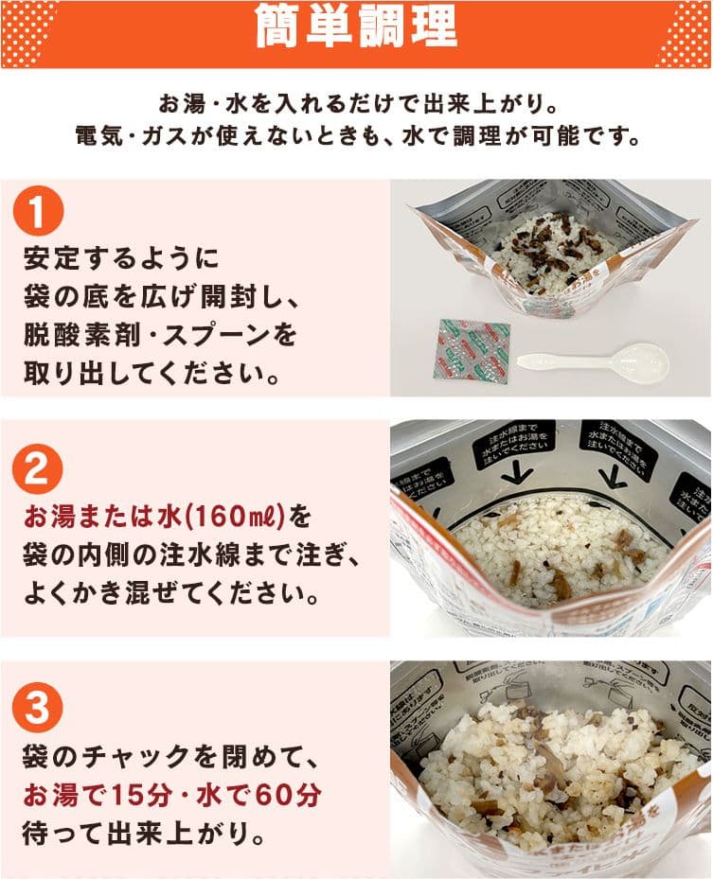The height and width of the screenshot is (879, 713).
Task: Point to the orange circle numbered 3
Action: (37, 709)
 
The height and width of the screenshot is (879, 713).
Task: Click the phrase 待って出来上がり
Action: (142, 836)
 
